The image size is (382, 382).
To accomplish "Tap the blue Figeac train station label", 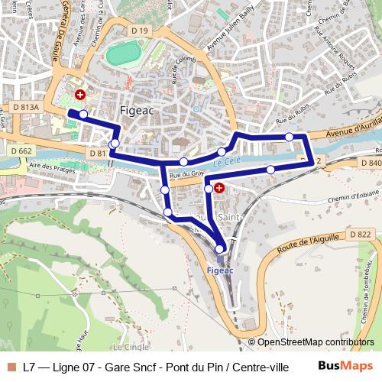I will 220,270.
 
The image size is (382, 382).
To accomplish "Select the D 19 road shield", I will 139,31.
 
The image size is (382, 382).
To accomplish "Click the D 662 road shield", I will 22,151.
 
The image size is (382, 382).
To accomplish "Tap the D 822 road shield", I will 359,234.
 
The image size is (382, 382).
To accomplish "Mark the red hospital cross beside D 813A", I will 79,95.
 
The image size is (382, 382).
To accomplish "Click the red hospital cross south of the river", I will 219,187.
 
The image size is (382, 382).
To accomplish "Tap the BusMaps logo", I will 341,366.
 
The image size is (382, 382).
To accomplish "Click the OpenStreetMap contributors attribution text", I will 316,342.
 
